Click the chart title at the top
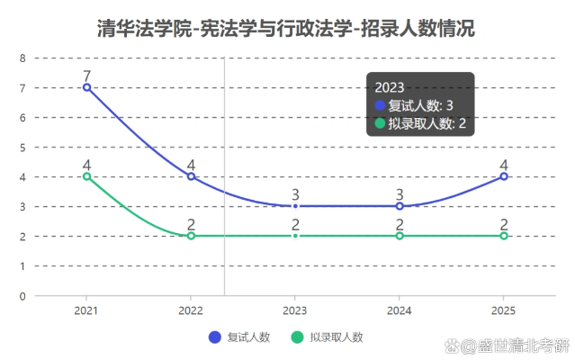pos(286,29)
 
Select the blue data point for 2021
pos(86,87)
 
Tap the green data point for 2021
pos(86,176)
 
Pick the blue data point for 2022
pos(191,176)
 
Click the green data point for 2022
pos(191,236)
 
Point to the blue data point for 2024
pos(400,206)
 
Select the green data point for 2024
pos(400,236)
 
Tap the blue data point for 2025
pos(504,176)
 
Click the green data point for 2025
pos(504,236)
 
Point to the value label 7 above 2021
pos(86,76)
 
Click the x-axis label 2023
pos(295,310)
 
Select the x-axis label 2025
pos(504,310)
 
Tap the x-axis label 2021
pos(86,310)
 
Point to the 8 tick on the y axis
pos(22,58)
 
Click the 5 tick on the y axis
pos(22,147)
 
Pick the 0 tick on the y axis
pos(22,295)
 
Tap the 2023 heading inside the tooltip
pos(390,87)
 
